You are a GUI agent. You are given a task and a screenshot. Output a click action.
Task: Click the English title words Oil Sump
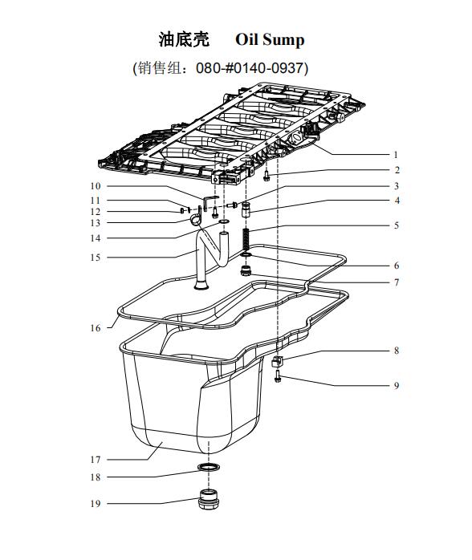pos(270,39)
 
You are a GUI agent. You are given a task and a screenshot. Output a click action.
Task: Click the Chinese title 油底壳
pos(184,39)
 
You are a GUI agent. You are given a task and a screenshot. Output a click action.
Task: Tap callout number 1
pos(396,155)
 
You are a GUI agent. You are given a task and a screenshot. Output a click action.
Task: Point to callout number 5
pos(397,225)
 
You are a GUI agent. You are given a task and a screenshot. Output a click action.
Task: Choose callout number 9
pos(397,385)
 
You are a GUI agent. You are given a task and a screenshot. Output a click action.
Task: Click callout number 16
pos(96,328)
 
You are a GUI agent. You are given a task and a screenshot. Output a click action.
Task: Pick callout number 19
pos(96,504)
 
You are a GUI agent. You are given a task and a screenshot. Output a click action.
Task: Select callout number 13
pos(96,223)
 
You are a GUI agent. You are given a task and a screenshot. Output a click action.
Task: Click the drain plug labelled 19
pos(209,499)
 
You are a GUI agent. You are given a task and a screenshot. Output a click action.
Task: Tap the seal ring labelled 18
pos(209,467)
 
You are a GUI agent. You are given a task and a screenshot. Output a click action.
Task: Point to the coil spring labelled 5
pos(246,240)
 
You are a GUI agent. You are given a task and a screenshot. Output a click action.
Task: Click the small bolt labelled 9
pos(278,376)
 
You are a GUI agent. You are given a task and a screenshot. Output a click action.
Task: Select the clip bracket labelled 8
pos(277,361)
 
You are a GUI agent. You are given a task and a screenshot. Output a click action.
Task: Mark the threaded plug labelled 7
pos(245,270)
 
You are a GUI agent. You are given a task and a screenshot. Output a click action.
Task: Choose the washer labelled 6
pos(246,254)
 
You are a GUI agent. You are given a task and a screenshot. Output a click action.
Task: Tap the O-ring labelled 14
pos(224,222)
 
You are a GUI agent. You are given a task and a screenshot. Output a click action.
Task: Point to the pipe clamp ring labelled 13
pos(195,220)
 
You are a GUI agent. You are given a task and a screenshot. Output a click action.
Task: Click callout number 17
pos(96,459)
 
